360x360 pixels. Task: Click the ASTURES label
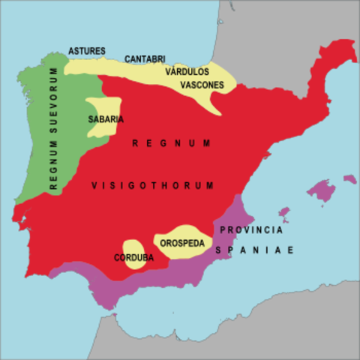(x=86, y=50)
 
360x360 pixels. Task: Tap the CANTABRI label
(x=145, y=58)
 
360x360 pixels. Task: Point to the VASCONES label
(x=202, y=85)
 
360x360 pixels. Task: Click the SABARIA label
(x=106, y=118)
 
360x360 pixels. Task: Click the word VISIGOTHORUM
(x=153, y=185)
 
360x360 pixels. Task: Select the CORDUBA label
(x=134, y=258)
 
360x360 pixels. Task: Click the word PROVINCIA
(x=251, y=229)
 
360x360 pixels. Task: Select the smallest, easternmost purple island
(x=349, y=178)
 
